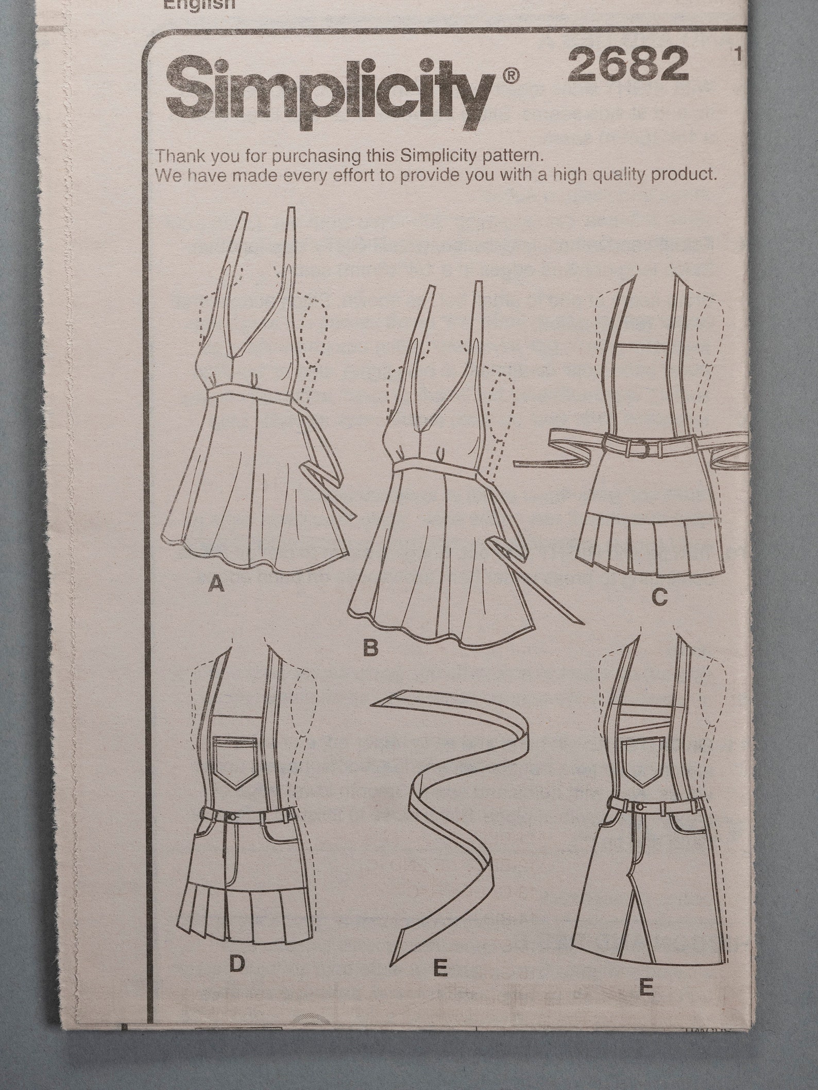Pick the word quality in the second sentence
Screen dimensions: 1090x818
click(617, 175)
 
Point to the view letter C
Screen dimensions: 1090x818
click(659, 598)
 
